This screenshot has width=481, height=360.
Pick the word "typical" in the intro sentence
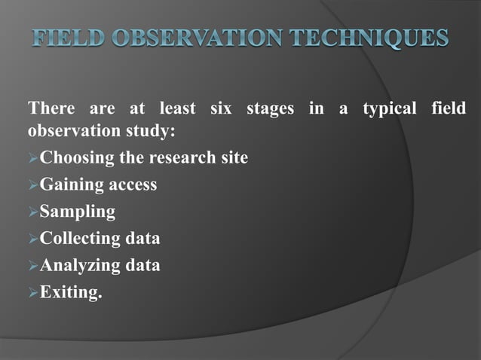click(389, 110)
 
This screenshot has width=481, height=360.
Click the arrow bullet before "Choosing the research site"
click(32, 158)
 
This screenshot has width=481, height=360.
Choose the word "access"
click(130, 185)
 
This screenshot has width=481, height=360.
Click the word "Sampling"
click(78, 212)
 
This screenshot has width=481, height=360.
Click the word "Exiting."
click(70, 292)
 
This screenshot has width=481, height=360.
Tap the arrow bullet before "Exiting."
click(32, 292)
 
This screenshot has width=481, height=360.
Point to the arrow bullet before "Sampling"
click(32, 212)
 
